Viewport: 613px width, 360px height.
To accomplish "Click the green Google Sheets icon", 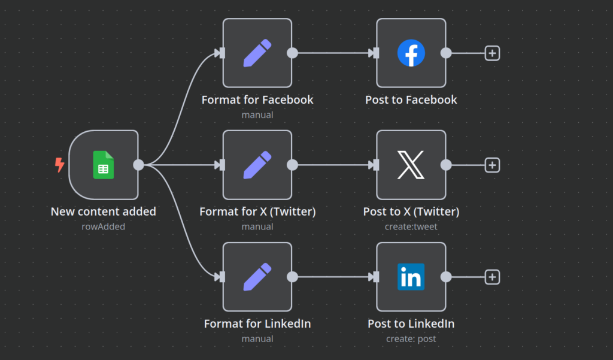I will click(104, 165).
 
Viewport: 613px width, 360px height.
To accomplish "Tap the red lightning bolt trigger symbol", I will click(59, 165).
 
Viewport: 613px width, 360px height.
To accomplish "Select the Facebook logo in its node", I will click(411, 53).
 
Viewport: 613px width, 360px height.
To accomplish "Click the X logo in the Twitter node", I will click(411, 165).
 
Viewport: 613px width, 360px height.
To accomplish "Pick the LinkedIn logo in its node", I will click(411, 277).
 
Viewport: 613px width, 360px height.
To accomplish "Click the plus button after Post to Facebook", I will click(492, 53).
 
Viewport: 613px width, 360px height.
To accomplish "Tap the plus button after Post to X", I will click(492, 165).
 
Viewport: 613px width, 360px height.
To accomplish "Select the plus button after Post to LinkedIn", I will click(492, 277).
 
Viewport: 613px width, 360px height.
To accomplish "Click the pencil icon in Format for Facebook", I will click(257, 53).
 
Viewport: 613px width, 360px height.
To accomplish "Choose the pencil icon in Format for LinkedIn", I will click(257, 277).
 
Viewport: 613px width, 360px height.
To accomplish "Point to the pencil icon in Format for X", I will click(257, 165).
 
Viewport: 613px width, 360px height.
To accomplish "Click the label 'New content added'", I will click(104, 211).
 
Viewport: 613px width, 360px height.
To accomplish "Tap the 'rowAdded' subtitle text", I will click(104, 226).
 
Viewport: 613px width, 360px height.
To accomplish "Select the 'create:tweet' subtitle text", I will click(411, 226).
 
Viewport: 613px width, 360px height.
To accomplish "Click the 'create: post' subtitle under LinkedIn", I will click(411, 338).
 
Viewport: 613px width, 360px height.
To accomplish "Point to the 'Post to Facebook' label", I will click(411, 99).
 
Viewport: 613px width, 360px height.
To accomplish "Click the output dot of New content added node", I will click(138, 165).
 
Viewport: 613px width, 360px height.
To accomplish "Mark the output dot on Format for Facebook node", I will click(292, 53).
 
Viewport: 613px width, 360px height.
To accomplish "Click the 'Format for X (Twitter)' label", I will click(257, 211).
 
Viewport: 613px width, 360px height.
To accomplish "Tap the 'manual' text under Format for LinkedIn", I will click(257, 338).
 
